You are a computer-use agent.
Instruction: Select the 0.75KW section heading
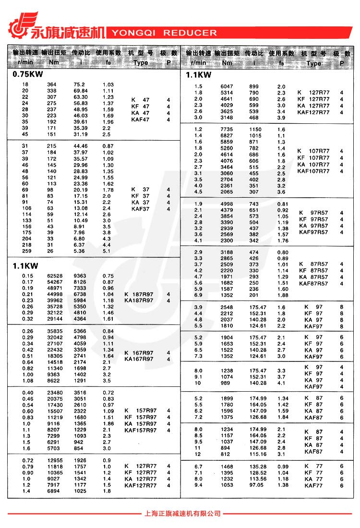click(x=28, y=74)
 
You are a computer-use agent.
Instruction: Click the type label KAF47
click(x=140, y=119)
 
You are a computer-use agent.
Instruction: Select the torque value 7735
click(x=227, y=130)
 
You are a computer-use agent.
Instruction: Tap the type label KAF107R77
click(x=313, y=171)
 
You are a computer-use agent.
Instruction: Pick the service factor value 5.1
click(x=107, y=251)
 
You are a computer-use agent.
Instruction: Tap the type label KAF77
click(x=313, y=486)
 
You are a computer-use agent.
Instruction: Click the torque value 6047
click(x=227, y=86)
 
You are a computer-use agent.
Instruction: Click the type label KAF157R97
click(x=140, y=431)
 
